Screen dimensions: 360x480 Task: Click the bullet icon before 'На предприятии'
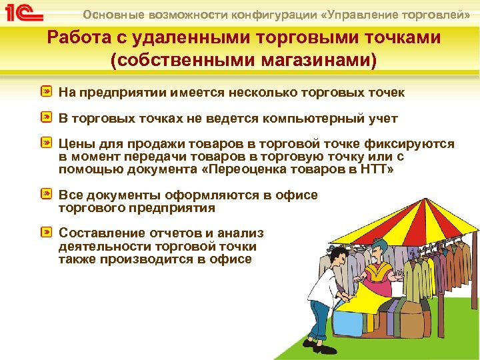click(47, 91)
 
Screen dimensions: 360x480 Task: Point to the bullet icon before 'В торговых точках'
click(47, 118)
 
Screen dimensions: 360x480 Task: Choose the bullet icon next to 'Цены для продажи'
click(47, 144)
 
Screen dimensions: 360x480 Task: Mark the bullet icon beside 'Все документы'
click(47, 195)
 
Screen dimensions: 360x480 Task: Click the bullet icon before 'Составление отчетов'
click(47, 233)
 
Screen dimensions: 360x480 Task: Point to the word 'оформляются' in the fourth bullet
click(213, 195)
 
